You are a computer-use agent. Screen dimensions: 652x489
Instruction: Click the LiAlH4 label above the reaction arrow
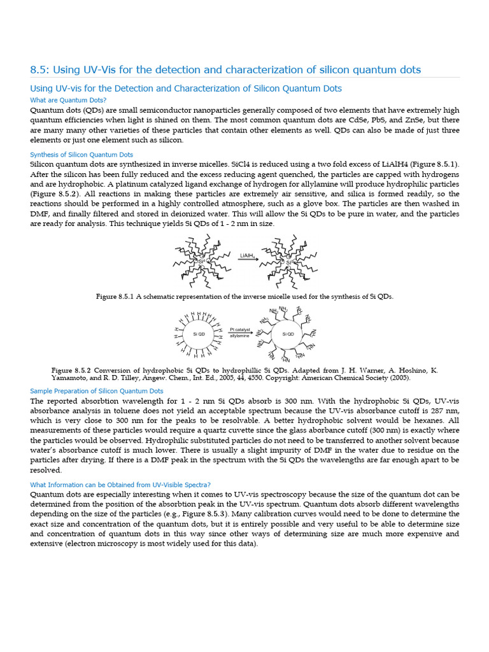(248, 255)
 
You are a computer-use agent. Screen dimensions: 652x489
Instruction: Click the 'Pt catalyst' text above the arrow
(240, 329)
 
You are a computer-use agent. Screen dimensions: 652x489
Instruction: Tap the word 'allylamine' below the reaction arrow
(240, 336)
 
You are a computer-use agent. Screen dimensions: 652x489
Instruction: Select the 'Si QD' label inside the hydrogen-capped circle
(199, 333)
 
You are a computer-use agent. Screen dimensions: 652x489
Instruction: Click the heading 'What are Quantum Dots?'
(68, 100)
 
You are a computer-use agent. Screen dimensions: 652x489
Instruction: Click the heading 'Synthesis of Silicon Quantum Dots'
(81, 154)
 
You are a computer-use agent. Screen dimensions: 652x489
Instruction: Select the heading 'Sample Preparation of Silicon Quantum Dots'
(97, 391)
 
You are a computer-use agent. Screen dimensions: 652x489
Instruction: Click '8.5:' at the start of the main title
(41, 69)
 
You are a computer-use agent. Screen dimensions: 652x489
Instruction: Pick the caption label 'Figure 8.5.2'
(73, 369)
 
